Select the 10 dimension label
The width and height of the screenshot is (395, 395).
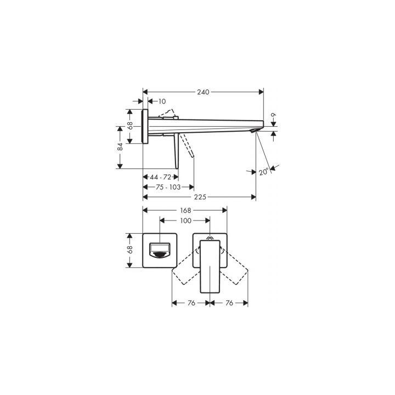coord(162,101)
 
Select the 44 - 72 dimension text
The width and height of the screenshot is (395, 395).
coord(161,177)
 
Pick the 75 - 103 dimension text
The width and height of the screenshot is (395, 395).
coord(167,187)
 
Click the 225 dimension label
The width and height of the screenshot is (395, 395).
coord(200,197)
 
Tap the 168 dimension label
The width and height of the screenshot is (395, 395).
coord(185,210)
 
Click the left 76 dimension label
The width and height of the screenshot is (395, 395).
coord(191,303)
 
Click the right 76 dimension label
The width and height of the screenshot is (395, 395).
coord(229,303)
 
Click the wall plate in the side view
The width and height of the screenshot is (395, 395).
coord(145,126)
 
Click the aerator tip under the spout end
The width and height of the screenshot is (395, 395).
coord(253,132)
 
